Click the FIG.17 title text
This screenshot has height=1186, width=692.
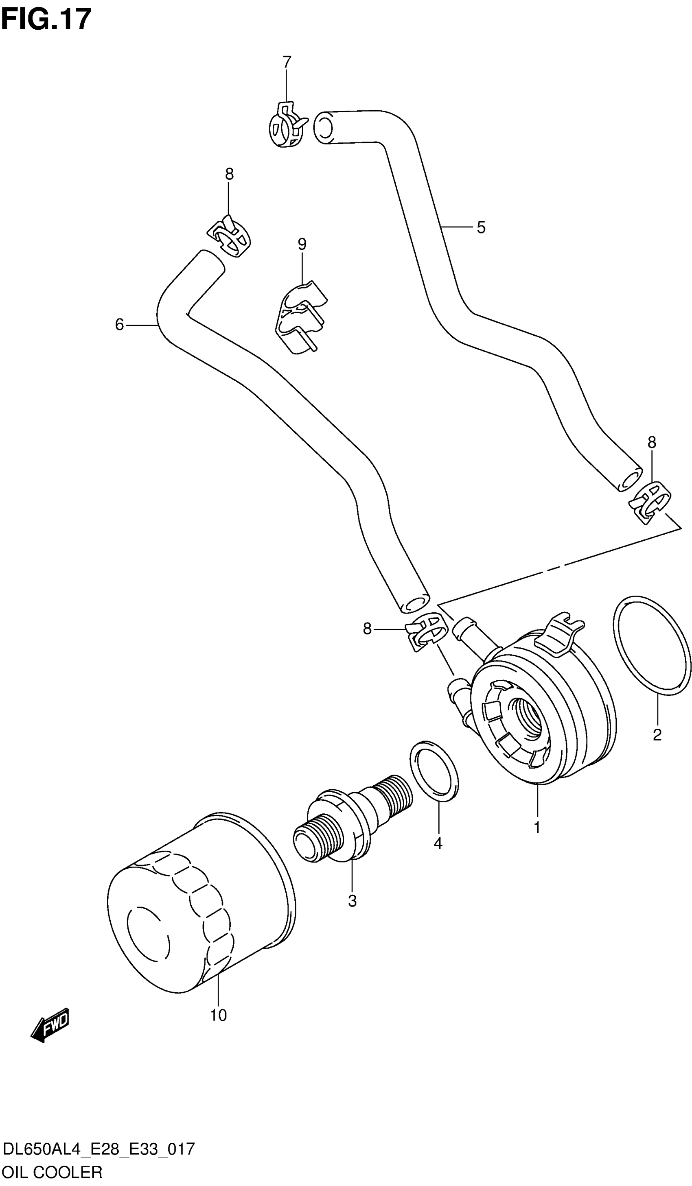click(x=46, y=20)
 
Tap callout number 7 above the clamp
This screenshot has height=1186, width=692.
click(x=287, y=62)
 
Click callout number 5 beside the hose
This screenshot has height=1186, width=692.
click(x=481, y=227)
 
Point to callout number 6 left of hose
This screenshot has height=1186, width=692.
click(x=120, y=324)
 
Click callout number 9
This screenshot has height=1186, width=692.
click(x=302, y=244)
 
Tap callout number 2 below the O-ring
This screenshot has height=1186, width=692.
click(x=657, y=734)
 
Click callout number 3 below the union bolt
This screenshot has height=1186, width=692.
click(x=352, y=901)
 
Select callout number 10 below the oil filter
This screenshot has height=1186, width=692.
click(x=219, y=1016)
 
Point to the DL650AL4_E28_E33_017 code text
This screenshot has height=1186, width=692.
click(x=99, y=1150)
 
